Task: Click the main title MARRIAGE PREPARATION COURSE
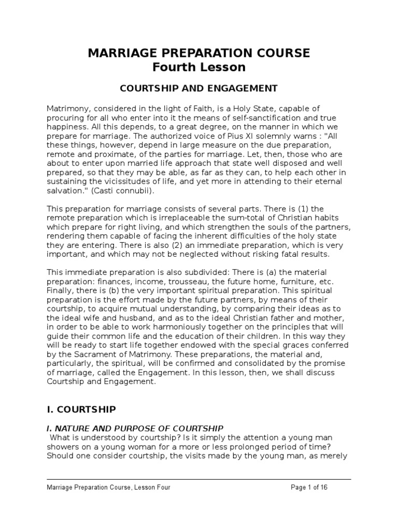click(199, 53)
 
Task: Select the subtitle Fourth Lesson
click(199, 67)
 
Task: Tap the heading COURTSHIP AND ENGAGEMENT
click(199, 88)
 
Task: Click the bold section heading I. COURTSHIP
click(81, 409)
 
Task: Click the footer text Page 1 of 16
click(308, 487)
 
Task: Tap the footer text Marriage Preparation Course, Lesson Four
click(108, 487)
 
